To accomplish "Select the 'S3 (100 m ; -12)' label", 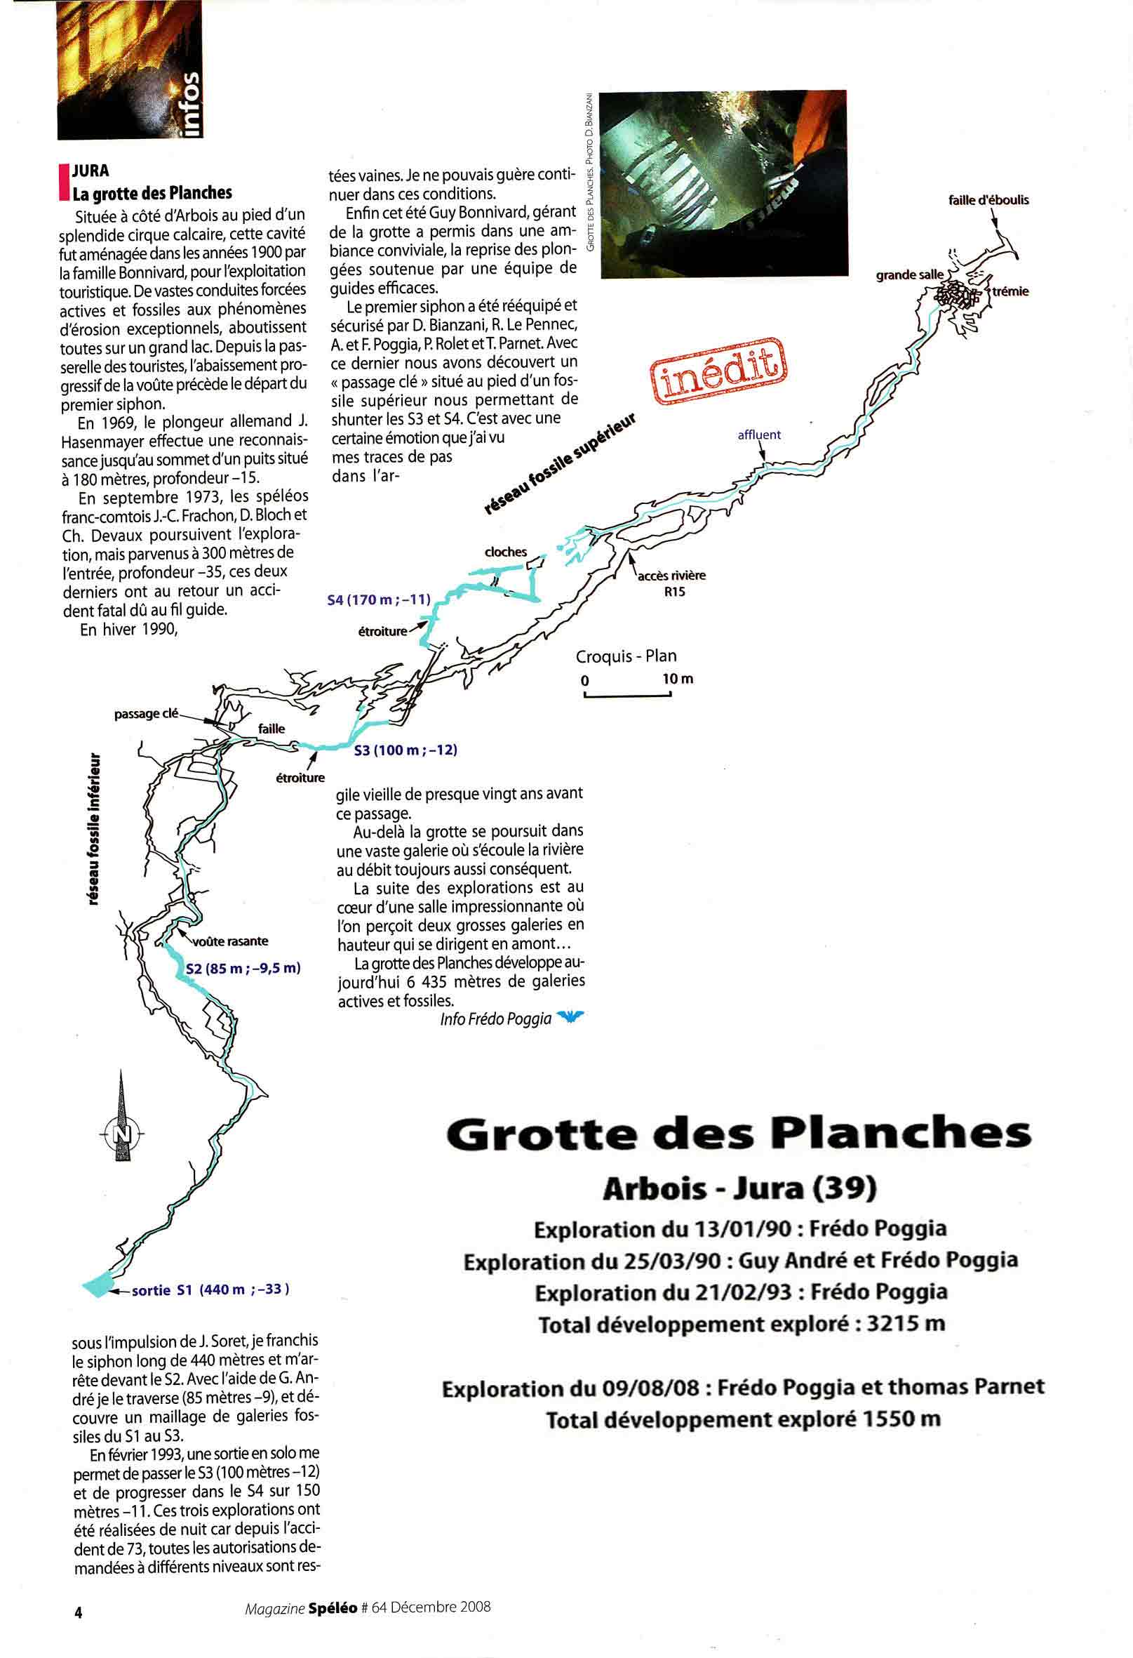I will [405, 750].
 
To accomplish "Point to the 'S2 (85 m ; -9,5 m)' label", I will [243, 968].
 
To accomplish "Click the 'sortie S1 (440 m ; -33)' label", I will [210, 1289].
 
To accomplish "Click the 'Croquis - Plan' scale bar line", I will [626, 696].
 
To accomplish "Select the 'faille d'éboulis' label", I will [988, 201].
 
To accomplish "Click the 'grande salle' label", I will [909, 275].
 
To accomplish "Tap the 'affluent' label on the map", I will [759, 435].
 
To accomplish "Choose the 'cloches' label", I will [506, 552].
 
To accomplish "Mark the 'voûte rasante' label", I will [230, 941].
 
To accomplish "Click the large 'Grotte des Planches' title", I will [739, 1134].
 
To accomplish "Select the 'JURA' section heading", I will [90, 171].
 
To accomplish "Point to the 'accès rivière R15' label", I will [671, 583].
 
